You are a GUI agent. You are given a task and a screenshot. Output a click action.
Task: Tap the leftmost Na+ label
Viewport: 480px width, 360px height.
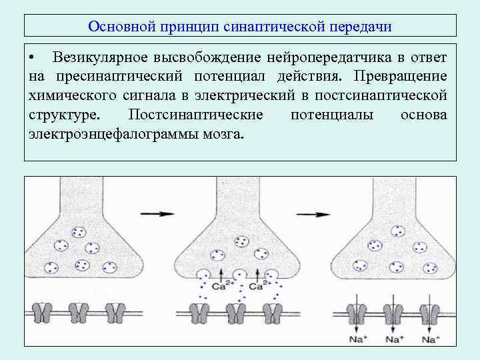[358, 339]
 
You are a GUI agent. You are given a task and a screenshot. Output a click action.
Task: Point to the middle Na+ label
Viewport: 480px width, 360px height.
[395, 339]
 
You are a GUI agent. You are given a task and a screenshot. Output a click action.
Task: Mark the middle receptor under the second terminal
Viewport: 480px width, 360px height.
[235, 311]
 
